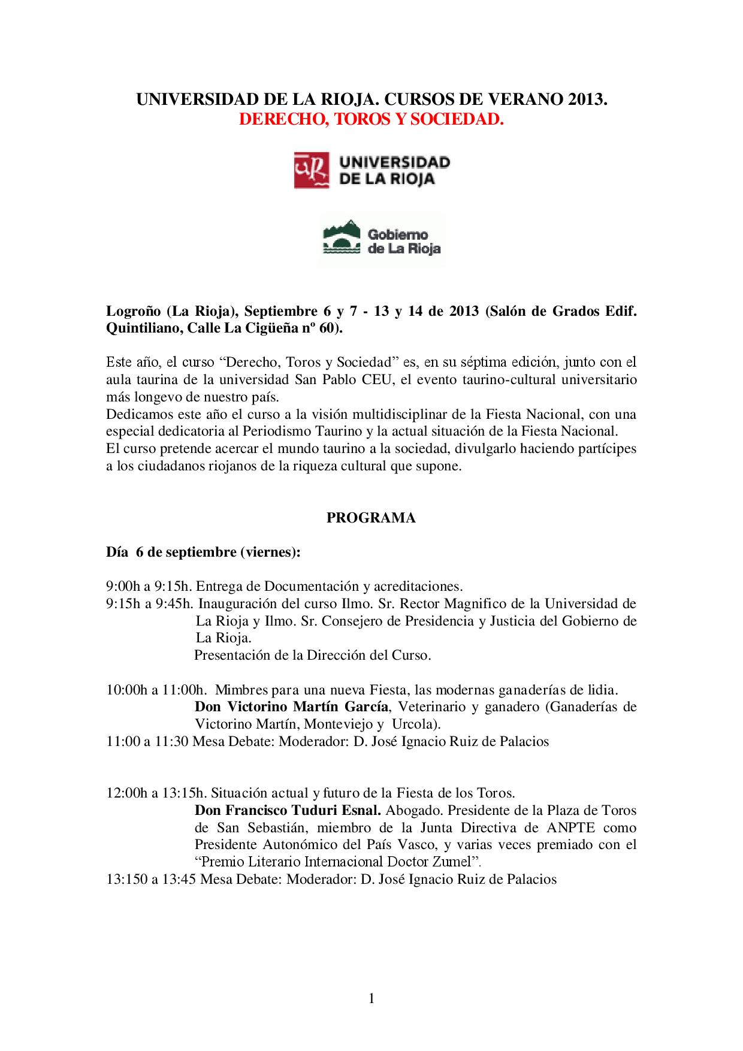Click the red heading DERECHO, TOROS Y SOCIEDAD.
click(x=371, y=119)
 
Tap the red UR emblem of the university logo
click(x=311, y=170)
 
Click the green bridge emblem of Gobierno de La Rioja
click(x=341, y=238)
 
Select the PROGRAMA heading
click(x=371, y=518)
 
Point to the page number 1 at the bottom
click(x=371, y=998)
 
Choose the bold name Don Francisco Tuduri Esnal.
click(x=288, y=811)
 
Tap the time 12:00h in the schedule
click(x=125, y=793)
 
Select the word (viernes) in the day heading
click(x=270, y=552)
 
